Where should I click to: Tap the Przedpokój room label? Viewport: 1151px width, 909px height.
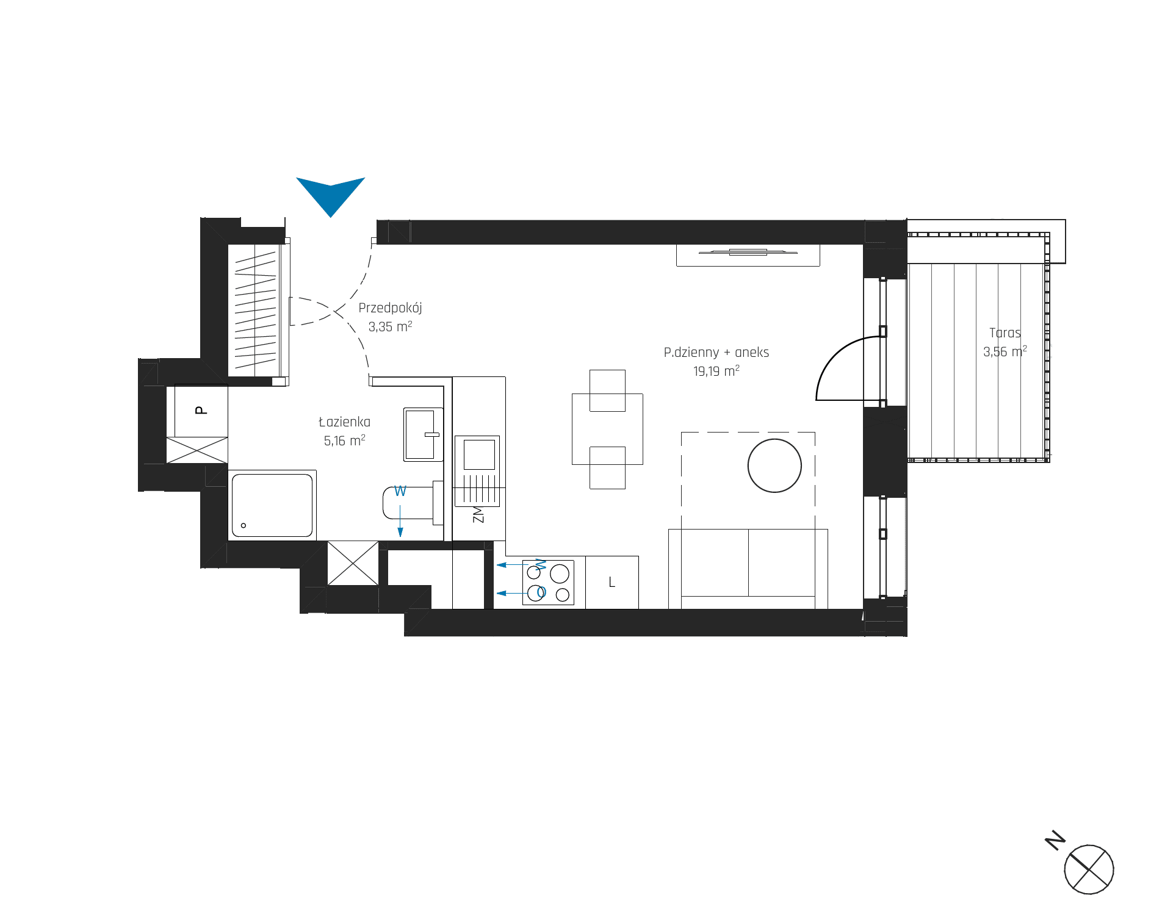tap(390, 308)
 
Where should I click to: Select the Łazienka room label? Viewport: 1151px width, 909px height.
tap(344, 422)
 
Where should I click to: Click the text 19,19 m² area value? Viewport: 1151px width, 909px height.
tap(716, 371)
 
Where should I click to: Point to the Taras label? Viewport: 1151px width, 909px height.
tap(1005, 333)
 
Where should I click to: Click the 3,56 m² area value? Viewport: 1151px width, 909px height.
tap(1005, 351)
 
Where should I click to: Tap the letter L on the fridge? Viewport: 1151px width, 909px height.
tap(612, 583)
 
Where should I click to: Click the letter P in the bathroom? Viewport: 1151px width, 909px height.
tap(201, 410)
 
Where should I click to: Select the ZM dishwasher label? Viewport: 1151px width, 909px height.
tap(478, 514)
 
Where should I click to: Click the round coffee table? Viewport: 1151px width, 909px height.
tap(774, 465)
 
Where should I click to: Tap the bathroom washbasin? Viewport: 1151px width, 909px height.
tap(423, 434)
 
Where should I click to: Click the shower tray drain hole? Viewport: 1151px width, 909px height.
tap(244, 525)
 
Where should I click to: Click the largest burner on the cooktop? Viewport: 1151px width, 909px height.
tap(560, 573)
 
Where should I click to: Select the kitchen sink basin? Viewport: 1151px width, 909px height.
tap(479, 454)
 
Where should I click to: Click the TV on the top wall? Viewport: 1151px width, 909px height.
tap(748, 252)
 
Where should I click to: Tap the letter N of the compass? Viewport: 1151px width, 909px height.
tap(1055, 839)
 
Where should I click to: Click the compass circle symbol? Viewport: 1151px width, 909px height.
tap(1089, 869)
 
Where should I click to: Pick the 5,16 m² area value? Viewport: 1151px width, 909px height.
tap(344, 440)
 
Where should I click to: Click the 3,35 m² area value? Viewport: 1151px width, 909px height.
tap(390, 326)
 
